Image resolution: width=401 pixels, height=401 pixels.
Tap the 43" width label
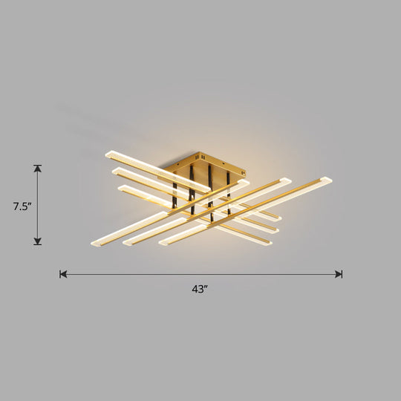tap(200, 289)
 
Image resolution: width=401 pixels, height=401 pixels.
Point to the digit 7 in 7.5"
tap(15, 207)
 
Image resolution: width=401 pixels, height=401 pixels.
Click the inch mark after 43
tap(206, 287)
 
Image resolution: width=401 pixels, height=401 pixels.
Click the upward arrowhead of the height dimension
tap(37, 168)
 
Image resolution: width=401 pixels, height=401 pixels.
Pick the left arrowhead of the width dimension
tap(63, 274)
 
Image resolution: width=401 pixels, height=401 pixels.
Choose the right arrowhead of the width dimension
tap(339, 274)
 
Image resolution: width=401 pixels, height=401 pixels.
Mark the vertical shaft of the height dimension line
tap(37, 204)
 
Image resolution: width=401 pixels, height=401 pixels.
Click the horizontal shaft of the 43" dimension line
tap(200, 274)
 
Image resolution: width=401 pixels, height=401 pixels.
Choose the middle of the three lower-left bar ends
tap(128, 242)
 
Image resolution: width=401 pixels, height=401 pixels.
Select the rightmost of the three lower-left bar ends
tap(163, 241)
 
